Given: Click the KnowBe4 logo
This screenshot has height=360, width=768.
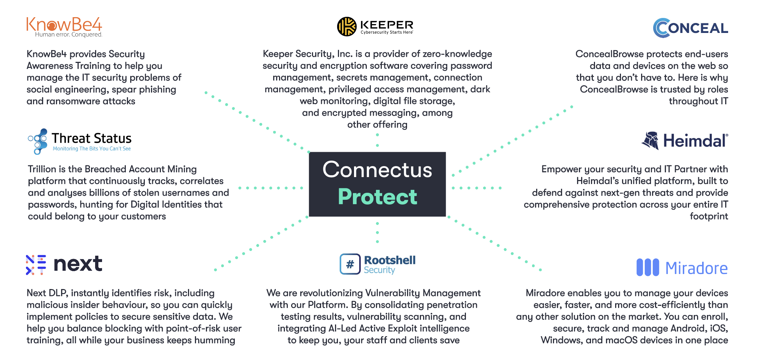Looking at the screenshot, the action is click(64, 27).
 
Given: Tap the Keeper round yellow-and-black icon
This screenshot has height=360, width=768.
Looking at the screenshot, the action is click(346, 26).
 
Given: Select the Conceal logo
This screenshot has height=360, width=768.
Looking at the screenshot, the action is click(690, 28).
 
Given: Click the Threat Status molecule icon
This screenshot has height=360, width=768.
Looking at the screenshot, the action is click(38, 141).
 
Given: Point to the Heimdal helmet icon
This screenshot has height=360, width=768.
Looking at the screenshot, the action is click(650, 140).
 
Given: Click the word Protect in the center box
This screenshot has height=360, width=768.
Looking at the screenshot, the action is click(377, 197).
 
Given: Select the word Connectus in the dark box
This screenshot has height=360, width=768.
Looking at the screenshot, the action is click(377, 170).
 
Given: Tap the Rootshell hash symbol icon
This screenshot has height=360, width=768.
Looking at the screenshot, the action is click(350, 264).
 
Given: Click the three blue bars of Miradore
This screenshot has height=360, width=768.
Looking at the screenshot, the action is click(648, 267).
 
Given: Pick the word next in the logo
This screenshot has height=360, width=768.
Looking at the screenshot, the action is click(78, 264).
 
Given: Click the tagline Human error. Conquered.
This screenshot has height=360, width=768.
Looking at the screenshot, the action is click(69, 35).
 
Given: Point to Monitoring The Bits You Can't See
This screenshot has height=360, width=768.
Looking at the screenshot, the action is click(92, 149).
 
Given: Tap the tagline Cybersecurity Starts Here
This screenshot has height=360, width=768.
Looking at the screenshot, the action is click(387, 32).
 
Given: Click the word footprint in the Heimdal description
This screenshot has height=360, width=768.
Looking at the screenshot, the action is click(709, 216).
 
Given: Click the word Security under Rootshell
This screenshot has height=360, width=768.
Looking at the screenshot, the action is click(379, 270).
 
